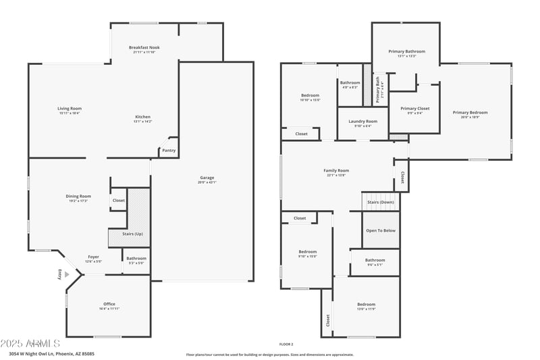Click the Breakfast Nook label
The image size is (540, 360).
(144, 47)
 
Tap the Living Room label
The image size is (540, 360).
(69, 109)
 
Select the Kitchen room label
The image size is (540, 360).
(142, 117)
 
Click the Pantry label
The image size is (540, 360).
(169, 151)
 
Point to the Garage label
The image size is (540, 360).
(207, 178)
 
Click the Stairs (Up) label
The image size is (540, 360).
(132, 234)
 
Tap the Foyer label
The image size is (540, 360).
(93, 257)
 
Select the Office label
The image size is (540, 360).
(109, 305)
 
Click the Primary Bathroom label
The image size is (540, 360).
(406, 51)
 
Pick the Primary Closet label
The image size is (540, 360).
(414, 109)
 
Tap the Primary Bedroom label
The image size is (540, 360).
(470, 113)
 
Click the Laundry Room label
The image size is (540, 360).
(363, 122)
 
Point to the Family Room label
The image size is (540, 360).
(336, 171)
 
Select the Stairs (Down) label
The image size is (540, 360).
(381, 202)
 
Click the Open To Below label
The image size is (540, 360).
(381, 230)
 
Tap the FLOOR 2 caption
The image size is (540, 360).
(286, 344)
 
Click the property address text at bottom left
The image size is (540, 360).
(51, 353)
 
